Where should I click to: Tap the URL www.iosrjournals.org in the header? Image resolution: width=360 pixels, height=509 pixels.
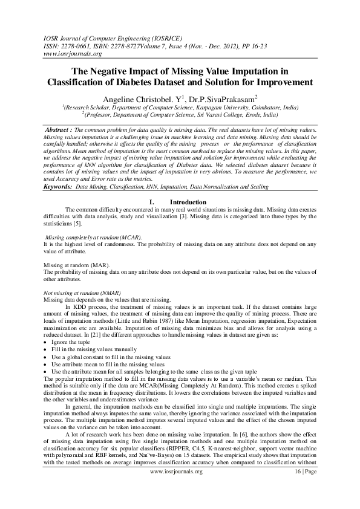(56, 53)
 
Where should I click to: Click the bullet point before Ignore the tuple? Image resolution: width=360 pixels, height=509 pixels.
(47, 343)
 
